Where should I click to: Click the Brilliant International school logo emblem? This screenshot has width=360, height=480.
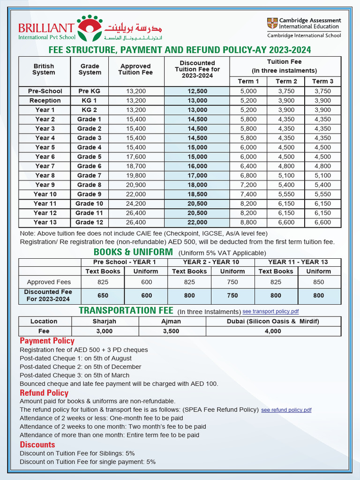89,28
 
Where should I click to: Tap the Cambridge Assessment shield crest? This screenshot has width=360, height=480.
272,23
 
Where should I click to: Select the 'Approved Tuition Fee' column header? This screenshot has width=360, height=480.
135,69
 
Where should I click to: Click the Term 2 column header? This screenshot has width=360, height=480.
286,82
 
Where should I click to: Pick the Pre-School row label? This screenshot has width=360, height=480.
45,91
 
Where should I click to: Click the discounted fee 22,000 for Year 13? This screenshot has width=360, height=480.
197,222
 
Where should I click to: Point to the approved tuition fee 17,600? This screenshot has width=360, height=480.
135,157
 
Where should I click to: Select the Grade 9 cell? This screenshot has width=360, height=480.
90,194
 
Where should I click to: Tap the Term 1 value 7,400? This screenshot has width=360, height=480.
248,194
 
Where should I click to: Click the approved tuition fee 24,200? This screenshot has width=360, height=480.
135,203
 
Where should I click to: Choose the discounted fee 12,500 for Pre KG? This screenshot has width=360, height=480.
197,91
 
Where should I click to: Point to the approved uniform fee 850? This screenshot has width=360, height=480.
318,282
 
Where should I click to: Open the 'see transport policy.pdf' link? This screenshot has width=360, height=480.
270,311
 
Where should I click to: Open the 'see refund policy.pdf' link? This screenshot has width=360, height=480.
286,410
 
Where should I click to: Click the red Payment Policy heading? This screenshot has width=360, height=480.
47,341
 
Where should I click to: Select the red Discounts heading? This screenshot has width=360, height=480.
37,444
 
